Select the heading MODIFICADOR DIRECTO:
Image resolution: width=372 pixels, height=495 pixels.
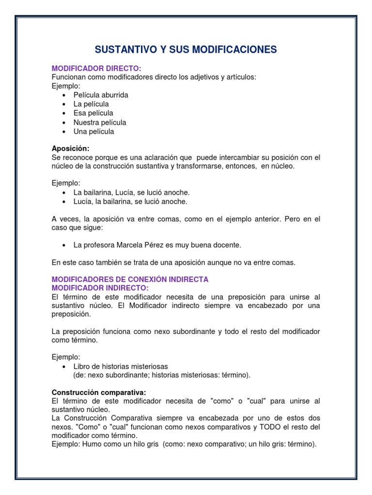(x=96, y=68)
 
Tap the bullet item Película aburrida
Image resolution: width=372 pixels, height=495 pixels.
(x=101, y=95)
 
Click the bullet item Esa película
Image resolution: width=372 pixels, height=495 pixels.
(x=93, y=113)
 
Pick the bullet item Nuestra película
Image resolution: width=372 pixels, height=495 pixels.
(x=100, y=122)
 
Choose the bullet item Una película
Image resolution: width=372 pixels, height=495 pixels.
(x=94, y=131)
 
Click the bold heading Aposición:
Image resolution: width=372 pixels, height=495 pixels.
(x=70, y=148)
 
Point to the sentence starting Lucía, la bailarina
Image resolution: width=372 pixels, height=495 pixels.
(x=130, y=202)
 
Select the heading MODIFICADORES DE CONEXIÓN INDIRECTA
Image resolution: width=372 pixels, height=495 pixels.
(x=130, y=279)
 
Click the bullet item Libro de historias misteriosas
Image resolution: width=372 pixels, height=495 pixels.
(x=121, y=366)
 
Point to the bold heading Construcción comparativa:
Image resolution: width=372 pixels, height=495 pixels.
(x=99, y=392)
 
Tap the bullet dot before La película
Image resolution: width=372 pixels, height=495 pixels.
(x=64, y=104)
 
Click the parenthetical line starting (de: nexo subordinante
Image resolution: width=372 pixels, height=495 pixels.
(x=162, y=375)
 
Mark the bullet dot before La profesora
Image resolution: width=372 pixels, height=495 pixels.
(x=64, y=246)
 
